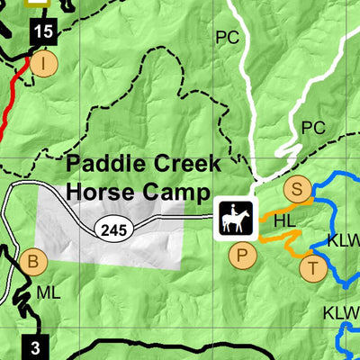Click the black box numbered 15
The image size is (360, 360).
tap(41, 32)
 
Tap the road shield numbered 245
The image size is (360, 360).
tap(116, 231)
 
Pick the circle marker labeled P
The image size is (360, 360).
tap(240, 256)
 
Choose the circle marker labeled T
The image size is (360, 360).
tap(312, 267)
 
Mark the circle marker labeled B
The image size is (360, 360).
tap(33, 263)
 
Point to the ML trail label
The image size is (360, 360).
tap(48, 293)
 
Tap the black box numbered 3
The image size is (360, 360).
tap(35, 346)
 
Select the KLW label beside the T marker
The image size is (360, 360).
tap(342, 240)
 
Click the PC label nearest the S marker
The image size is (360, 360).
tap(312, 127)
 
